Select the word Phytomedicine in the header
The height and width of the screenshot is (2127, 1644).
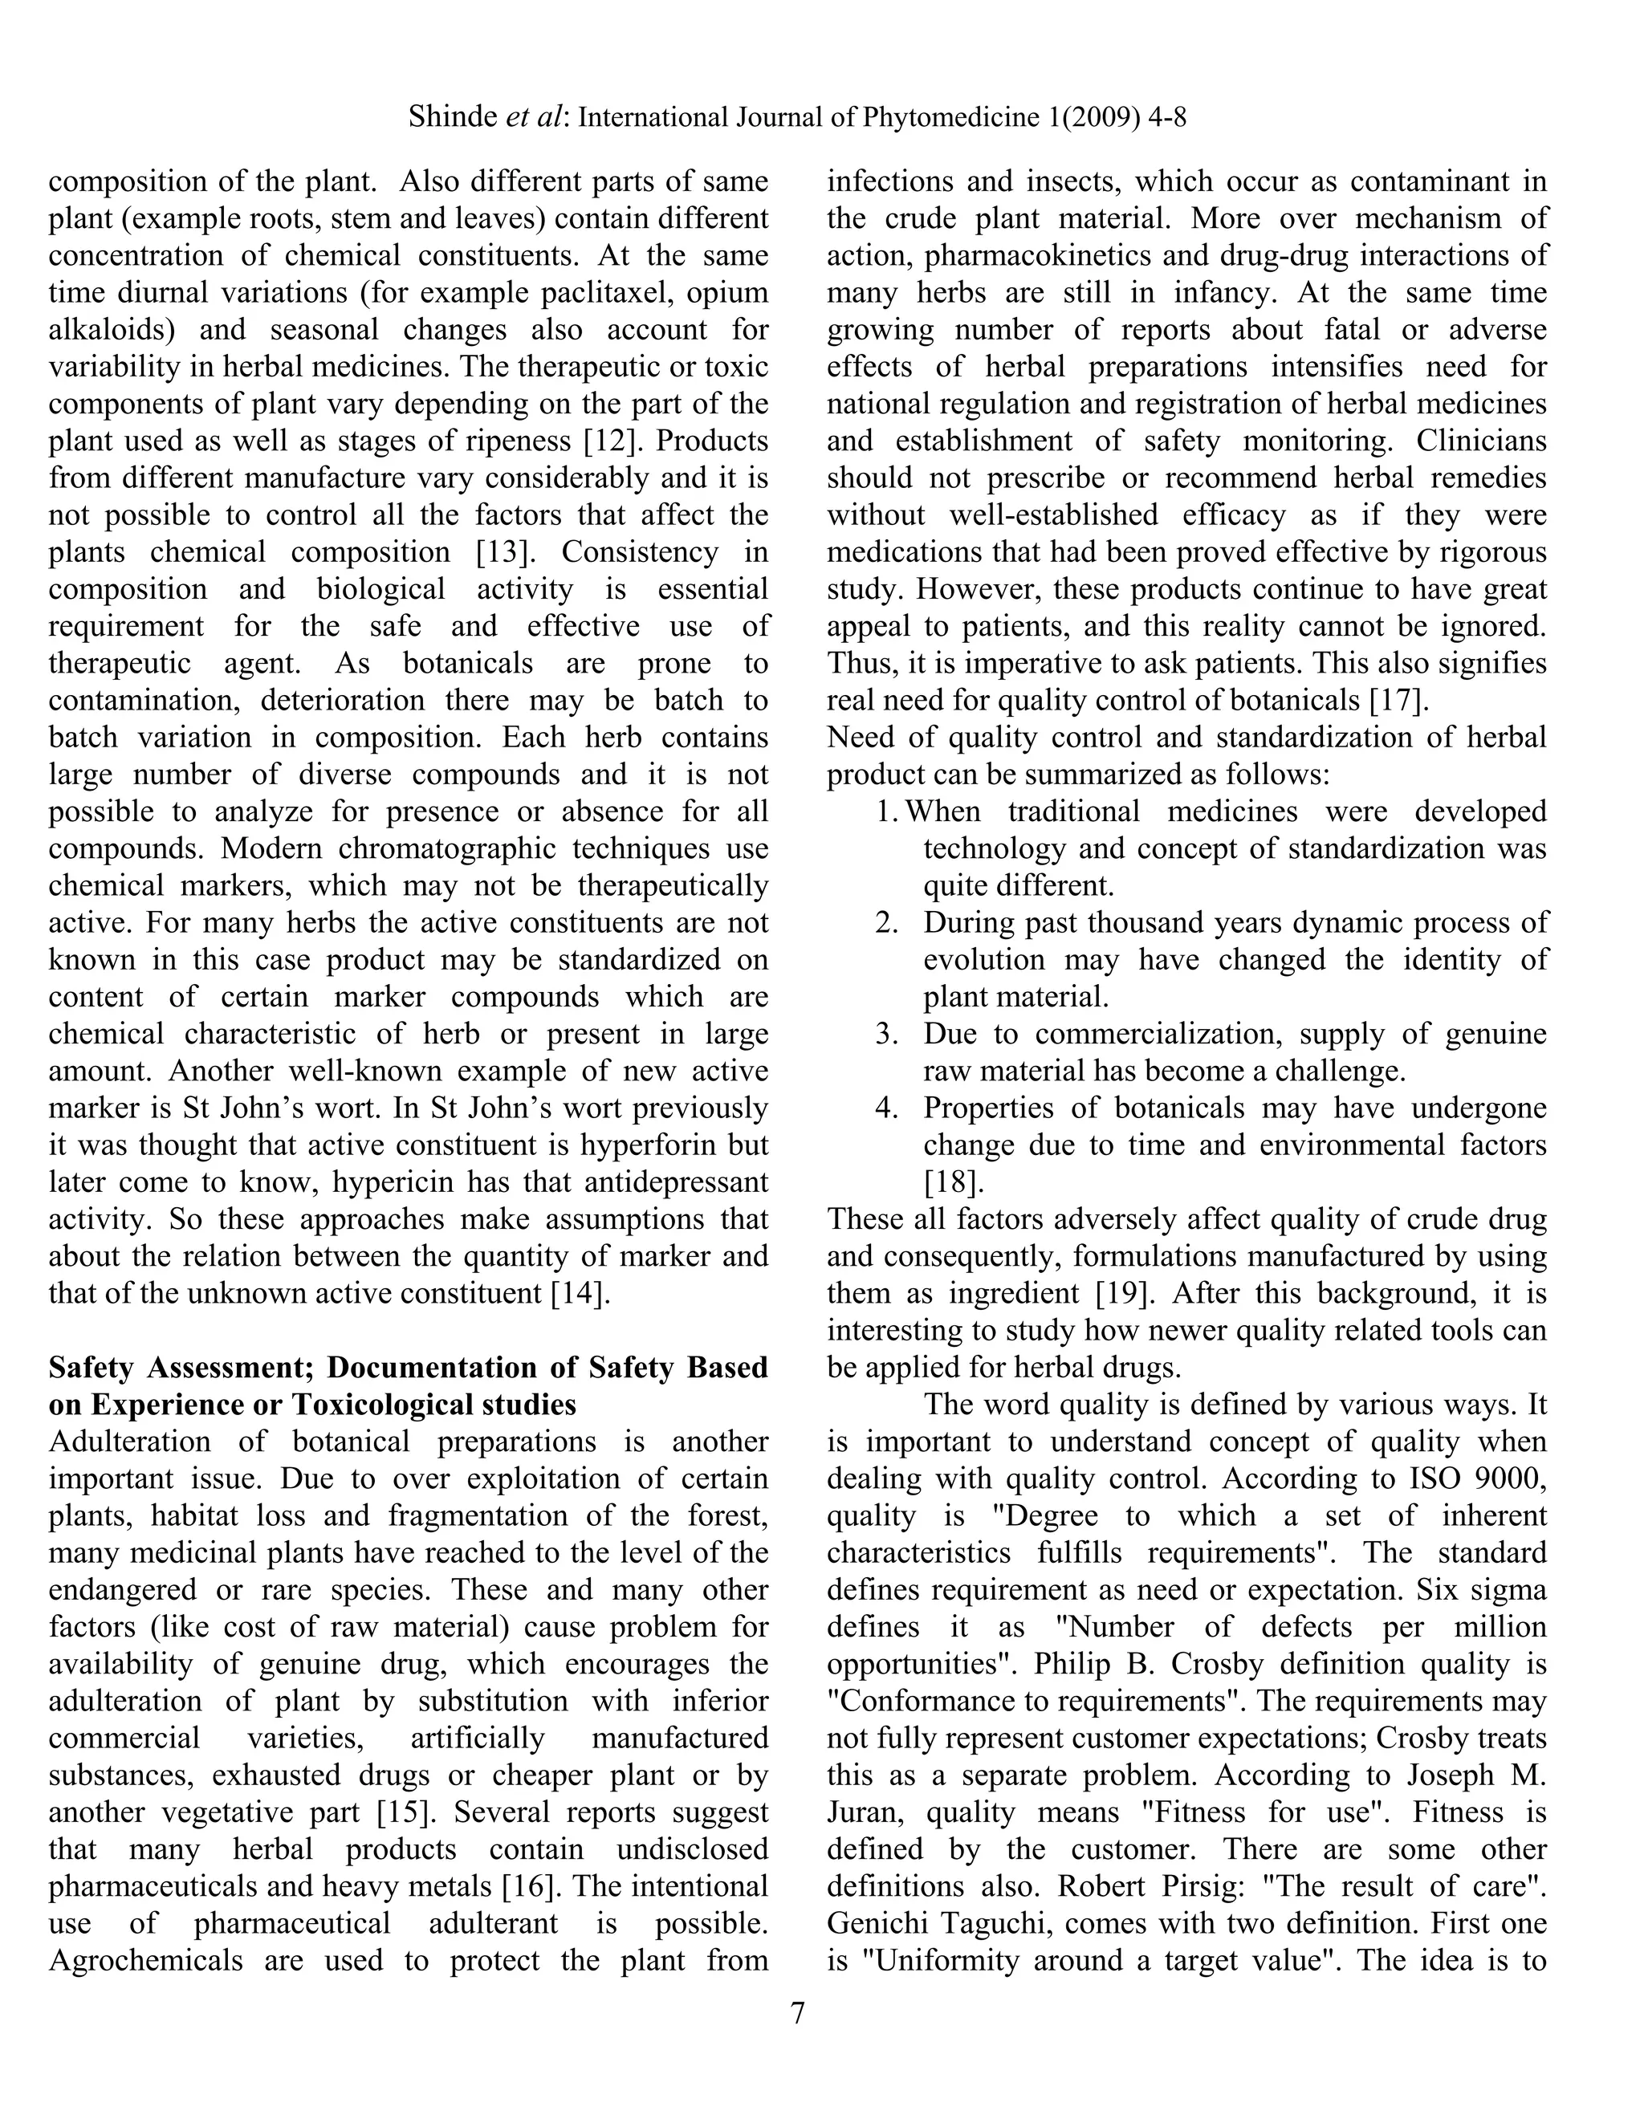tap(950, 118)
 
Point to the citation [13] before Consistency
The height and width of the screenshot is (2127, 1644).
tap(507, 552)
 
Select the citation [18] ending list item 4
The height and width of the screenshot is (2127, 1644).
tap(954, 1182)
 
